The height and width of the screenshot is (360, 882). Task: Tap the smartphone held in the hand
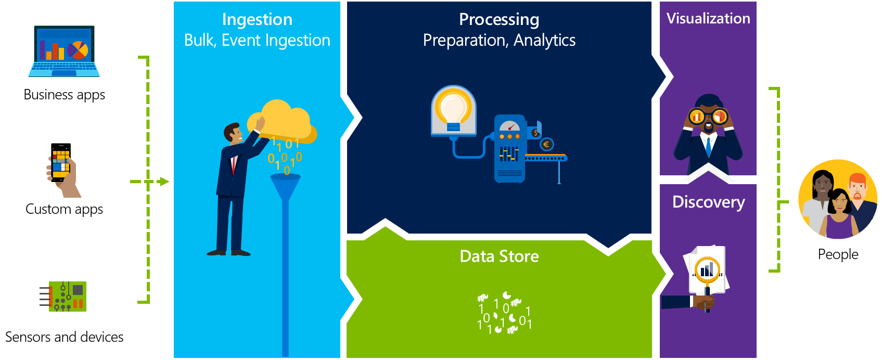click(61, 162)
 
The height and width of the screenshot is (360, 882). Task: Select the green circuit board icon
click(67, 297)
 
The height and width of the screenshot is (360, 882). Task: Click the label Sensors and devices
click(65, 337)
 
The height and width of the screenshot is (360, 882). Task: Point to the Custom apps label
click(65, 209)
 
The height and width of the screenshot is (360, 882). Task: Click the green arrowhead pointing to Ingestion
click(164, 182)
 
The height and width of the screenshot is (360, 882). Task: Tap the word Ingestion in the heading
click(257, 19)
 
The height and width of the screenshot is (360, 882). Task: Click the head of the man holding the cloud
click(233, 133)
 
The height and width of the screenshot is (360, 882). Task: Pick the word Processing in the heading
click(499, 19)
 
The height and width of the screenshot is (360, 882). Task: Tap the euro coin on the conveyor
click(546, 145)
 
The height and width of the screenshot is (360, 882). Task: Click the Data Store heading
click(499, 256)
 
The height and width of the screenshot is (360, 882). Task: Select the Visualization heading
click(708, 19)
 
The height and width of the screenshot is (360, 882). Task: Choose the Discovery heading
click(708, 202)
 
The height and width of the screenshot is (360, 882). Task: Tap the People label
click(838, 254)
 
